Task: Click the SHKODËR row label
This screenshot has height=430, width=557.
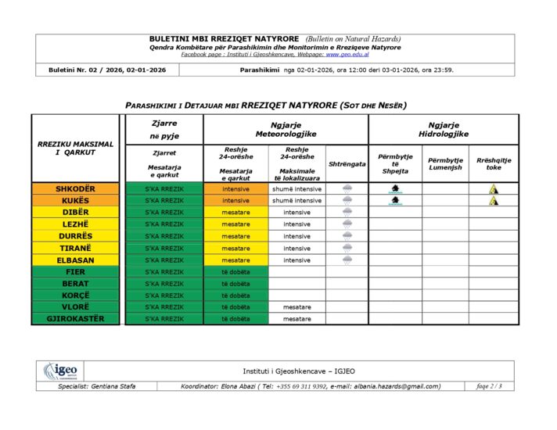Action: pos(75,189)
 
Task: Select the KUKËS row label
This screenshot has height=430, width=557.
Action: pos(75,201)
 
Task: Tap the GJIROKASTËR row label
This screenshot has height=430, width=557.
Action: pos(75,319)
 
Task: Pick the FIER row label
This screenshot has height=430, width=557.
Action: pos(75,272)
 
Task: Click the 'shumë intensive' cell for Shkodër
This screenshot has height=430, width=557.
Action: pos(296,189)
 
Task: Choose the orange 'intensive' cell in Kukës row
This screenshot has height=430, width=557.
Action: pos(235,201)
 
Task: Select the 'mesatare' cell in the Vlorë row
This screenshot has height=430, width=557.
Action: pos(296,307)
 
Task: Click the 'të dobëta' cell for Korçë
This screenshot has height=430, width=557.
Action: pos(235,296)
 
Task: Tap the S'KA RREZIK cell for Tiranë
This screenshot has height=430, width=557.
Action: pos(164,248)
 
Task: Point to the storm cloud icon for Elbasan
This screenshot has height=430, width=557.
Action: pos(347,260)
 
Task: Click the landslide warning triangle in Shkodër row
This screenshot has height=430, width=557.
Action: pos(494,189)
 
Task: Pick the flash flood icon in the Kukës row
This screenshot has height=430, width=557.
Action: pos(395,201)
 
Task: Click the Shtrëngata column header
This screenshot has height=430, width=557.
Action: pos(347,164)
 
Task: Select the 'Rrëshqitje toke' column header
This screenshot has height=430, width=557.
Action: pos(494,163)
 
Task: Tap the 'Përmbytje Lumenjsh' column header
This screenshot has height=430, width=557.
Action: pos(445,163)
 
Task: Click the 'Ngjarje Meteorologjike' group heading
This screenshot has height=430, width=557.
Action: pos(286,130)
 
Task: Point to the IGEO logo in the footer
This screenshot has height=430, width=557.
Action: pos(59,371)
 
